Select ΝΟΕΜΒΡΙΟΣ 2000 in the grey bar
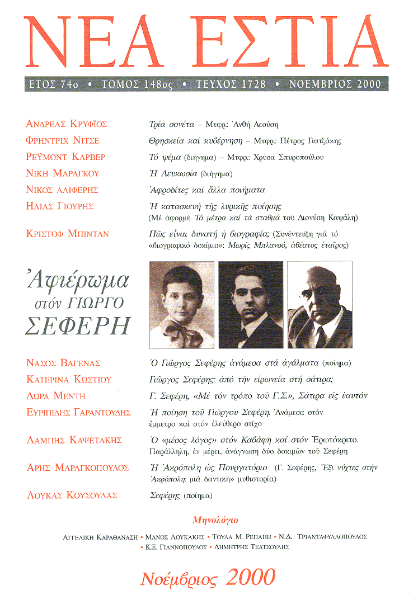click(335, 84)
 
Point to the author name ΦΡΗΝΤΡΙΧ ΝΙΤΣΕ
click(63, 140)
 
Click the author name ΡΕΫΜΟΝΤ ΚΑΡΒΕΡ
click(66, 157)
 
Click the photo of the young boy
click(182, 305)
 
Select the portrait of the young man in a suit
click(251, 305)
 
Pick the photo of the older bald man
click(320, 305)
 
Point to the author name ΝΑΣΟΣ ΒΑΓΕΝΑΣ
click(63, 363)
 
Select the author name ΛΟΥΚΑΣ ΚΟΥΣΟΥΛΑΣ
click(72, 495)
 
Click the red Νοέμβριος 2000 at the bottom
click(208, 576)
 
